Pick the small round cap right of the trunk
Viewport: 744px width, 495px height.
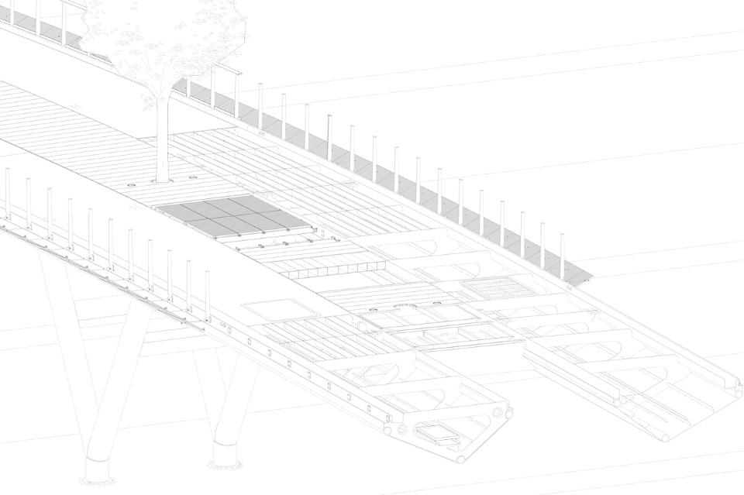pyautogui.click(x=192, y=177)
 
